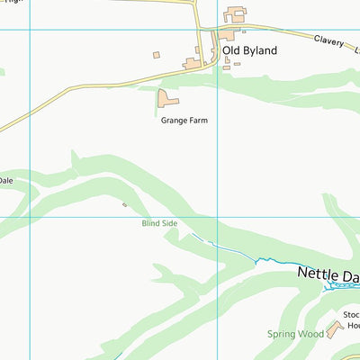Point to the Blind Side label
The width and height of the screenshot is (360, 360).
point(159,223)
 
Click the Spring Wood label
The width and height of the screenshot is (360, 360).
point(295,334)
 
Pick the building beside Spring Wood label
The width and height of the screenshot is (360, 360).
point(333,330)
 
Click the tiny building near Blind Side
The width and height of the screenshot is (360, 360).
point(125,204)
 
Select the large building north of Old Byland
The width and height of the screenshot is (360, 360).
point(236,14)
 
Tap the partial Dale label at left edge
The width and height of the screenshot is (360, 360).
point(5,180)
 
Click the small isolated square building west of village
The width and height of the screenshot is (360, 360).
point(156,55)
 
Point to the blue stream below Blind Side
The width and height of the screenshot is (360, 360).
point(234,252)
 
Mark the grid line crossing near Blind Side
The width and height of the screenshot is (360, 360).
point(217,216)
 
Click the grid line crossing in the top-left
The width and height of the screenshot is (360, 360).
point(30,30)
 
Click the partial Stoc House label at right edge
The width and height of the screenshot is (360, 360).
point(351,320)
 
